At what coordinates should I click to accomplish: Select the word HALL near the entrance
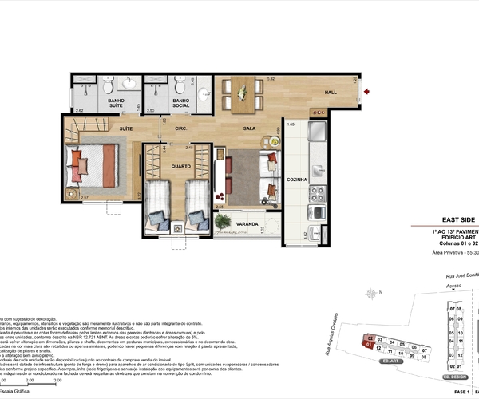coord(329,93)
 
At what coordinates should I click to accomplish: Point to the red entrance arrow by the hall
coord(366,92)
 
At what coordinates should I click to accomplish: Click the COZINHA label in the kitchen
coord(298,180)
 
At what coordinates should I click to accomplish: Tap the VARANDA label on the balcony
coord(247,224)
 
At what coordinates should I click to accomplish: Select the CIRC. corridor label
coord(181,128)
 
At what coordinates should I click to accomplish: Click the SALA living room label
coord(250,128)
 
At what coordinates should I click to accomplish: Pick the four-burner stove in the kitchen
coord(318,193)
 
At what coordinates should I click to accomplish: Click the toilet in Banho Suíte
coord(130,85)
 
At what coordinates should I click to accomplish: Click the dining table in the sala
coord(242,93)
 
